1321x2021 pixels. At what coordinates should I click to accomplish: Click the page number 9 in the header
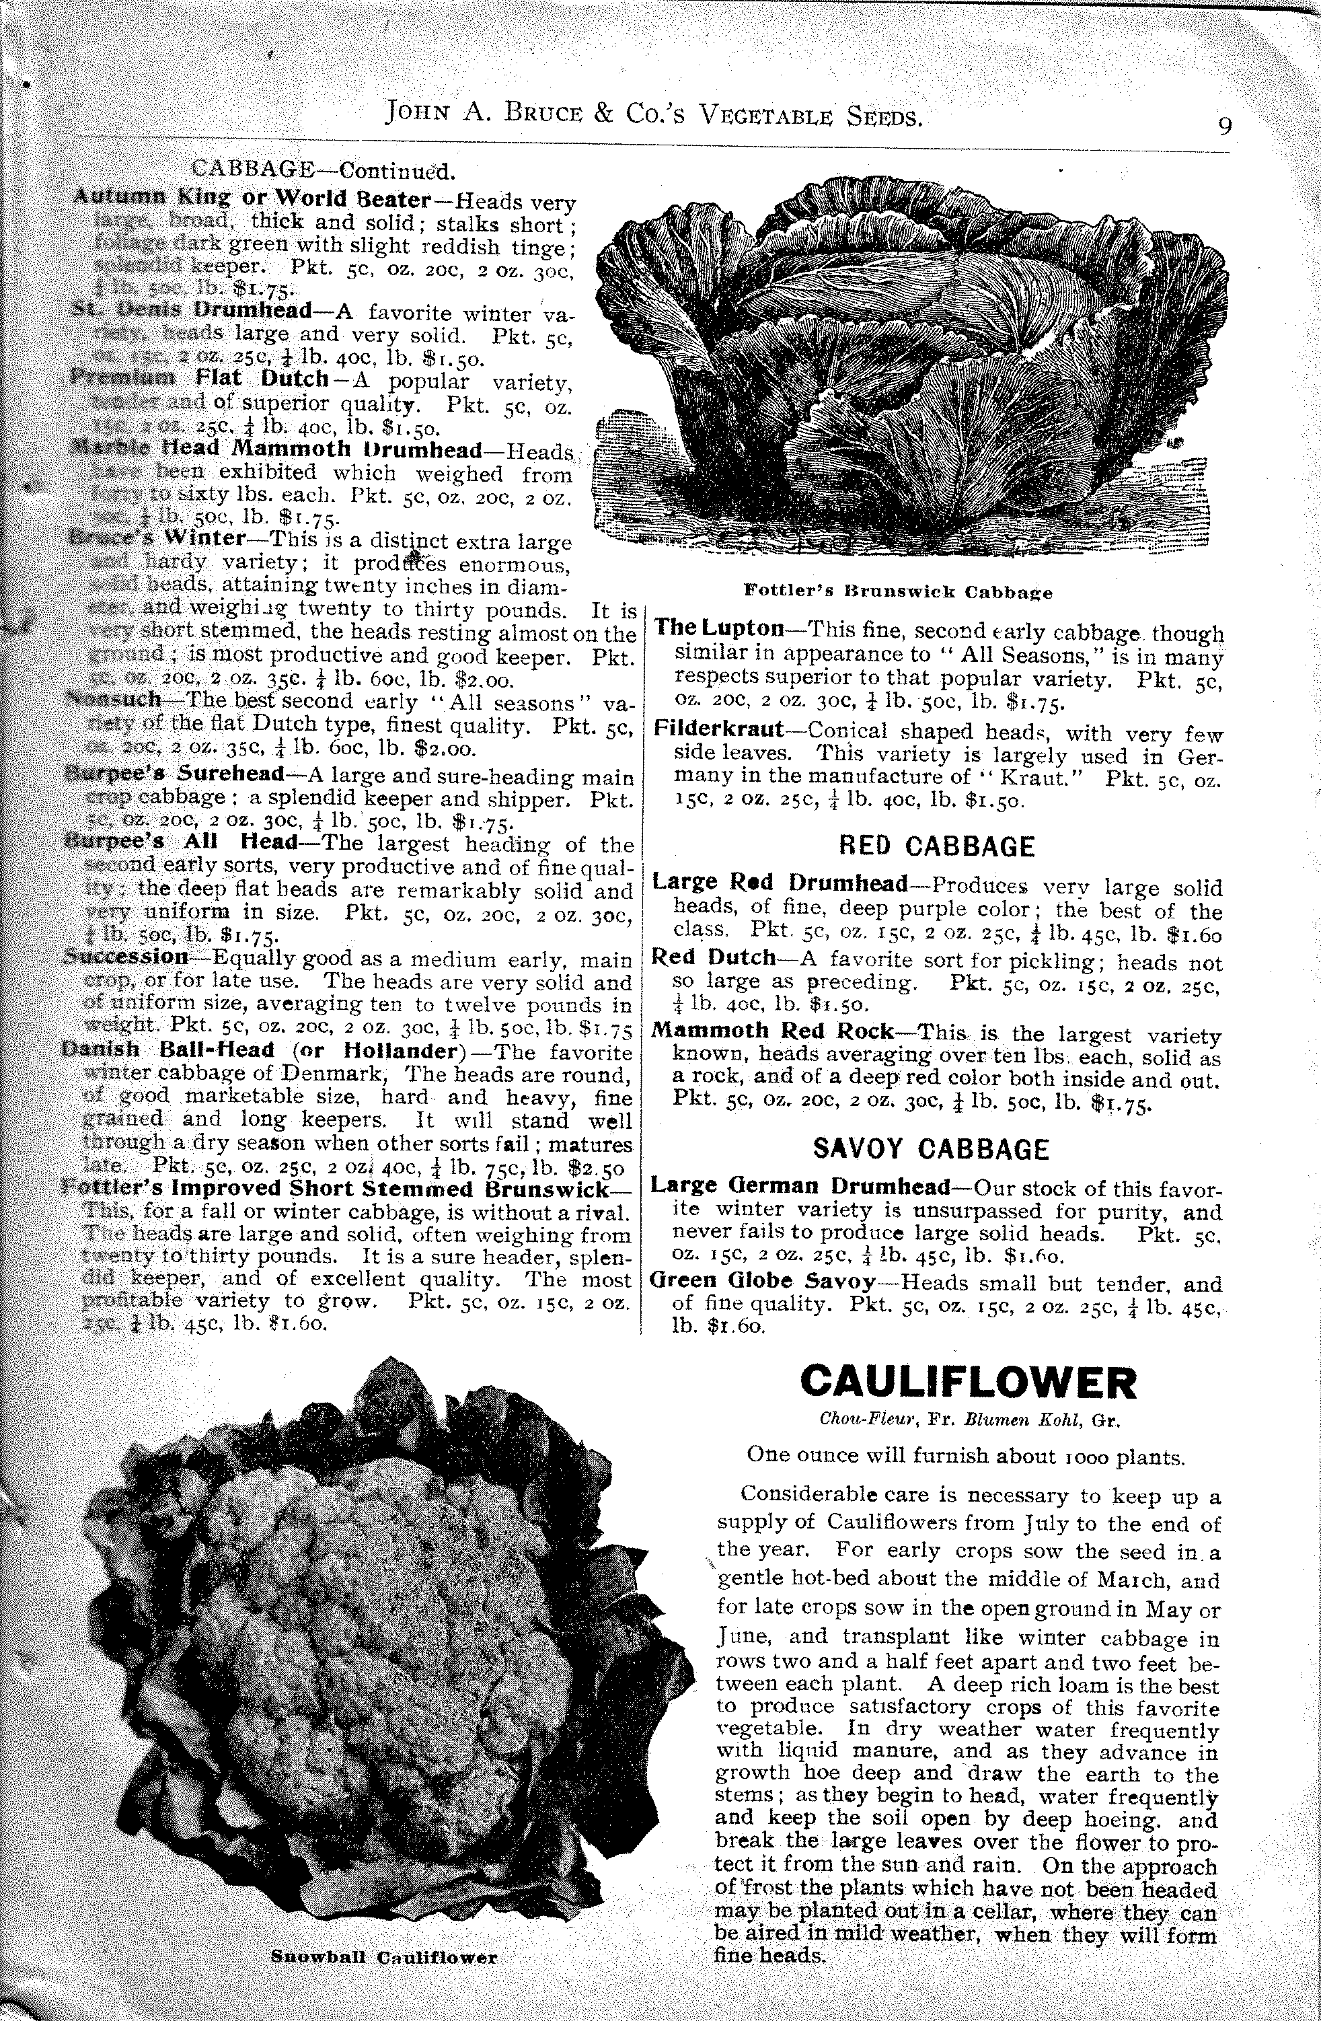(x=1224, y=126)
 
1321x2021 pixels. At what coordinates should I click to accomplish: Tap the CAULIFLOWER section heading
(x=968, y=1383)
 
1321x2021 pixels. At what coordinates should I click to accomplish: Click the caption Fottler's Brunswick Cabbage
(x=897, y=592)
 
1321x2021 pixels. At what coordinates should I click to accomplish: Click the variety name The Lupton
(x=719, y=628)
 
